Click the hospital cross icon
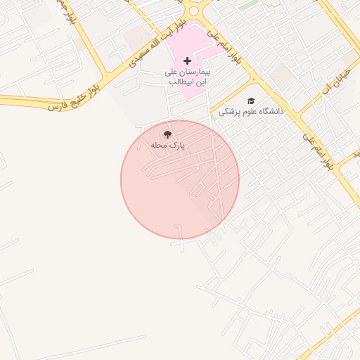coord(187,61)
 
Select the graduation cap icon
coord(251,101)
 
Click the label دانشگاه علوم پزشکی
coord(250,112)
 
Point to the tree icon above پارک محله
coord(167,134)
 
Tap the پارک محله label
coord(167,145)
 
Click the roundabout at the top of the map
coord(195,9)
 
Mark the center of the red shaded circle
coord(180,179)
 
